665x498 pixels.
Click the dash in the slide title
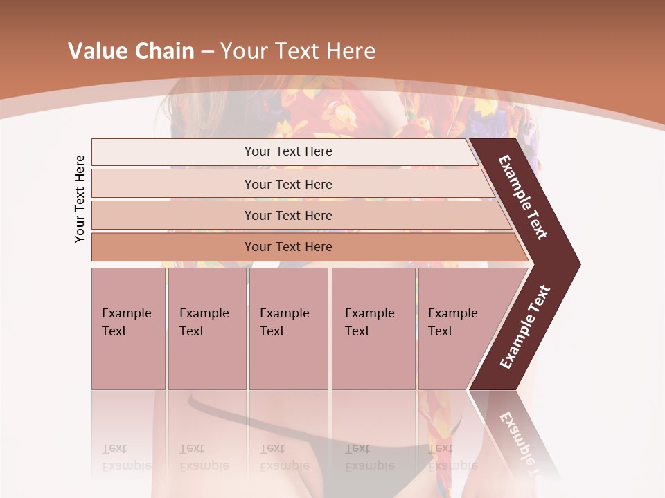tap(207, 52)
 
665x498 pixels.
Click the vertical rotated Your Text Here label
tap(80, 199)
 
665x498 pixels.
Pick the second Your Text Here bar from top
tap(288, 184)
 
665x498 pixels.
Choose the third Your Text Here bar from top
tap(288, 215)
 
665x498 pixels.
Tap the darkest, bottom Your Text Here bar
tap(288, 247)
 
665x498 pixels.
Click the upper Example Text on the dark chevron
tap(524, 197)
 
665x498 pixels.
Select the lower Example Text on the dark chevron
tap(525, 327)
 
